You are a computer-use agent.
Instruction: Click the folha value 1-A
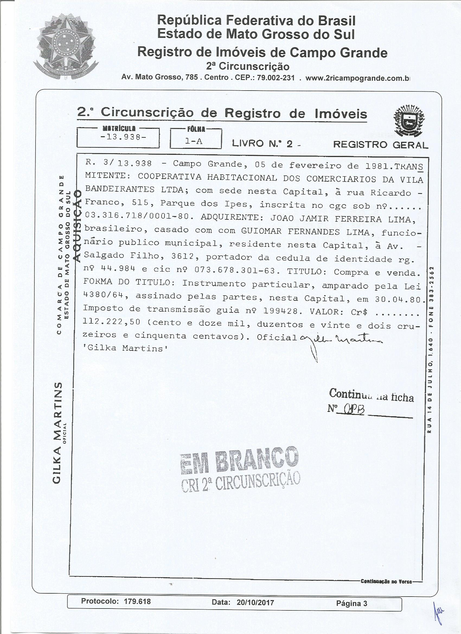point(194,142)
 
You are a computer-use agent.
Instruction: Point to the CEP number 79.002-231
point(275,78)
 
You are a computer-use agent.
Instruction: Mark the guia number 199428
point(279,311)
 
